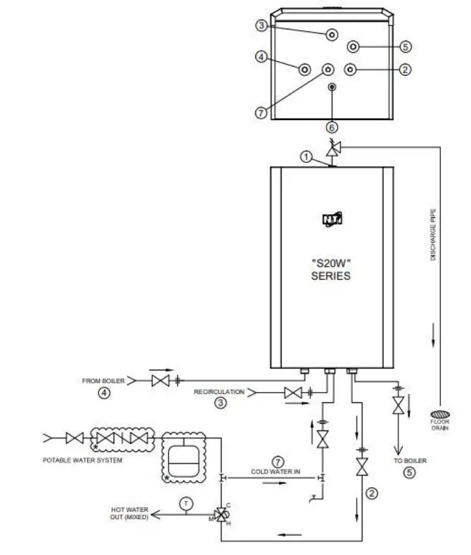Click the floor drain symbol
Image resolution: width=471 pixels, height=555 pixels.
pos(440,415)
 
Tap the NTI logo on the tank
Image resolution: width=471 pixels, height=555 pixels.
pos(332,220)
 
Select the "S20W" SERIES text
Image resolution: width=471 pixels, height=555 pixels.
pos(332,269)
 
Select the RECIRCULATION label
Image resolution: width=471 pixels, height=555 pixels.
pos(219,393)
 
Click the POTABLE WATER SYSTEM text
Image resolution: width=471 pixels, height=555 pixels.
pos(82,460)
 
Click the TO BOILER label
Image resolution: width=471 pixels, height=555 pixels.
pos(410,460)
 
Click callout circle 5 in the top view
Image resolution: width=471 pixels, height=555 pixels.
pos(405,46)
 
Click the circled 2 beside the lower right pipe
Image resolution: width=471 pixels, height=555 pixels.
pos(372,493)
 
